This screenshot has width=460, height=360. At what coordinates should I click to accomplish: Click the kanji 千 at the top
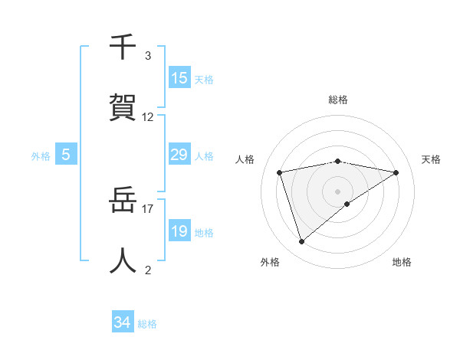[x=123, y=47]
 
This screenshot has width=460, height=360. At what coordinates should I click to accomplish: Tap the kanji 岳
[x=123, y=201]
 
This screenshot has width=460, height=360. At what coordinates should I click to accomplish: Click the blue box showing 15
[x=179, y=78]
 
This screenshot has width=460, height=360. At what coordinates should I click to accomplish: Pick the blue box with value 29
[x=179, y=155]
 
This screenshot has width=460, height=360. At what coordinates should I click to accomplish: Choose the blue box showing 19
[x=179, y=231]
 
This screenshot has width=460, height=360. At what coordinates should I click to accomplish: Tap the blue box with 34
[x=123, y=322]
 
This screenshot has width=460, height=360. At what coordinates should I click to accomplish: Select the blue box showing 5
[x=66, y=155]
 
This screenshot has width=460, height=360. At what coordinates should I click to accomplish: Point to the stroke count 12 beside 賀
[x=148, y=117]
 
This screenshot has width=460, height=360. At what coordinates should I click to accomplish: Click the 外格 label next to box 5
[x=41, y=156]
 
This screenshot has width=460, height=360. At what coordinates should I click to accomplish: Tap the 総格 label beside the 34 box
[x=147, y=324]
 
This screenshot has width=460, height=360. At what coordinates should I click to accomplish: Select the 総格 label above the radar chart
[x=338, y=100]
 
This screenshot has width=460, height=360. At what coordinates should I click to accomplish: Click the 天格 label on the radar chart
[x=432, y=159]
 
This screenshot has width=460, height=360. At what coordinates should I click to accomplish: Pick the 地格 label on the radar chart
[x=402, y=262]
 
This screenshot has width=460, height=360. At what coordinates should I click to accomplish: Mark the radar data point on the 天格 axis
[x=396, y=172]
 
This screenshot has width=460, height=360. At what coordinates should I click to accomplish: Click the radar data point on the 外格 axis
[x=301, y=242]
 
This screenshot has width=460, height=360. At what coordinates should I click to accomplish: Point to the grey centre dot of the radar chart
[x=338, y=191]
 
